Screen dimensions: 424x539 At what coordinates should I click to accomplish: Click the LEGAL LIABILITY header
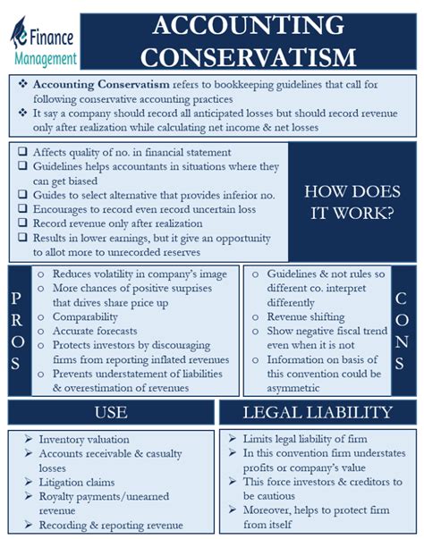[317, 412]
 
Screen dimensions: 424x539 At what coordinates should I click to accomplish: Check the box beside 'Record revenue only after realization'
[20, 224]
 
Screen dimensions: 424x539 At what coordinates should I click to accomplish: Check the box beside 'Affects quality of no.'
[20, 152]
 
